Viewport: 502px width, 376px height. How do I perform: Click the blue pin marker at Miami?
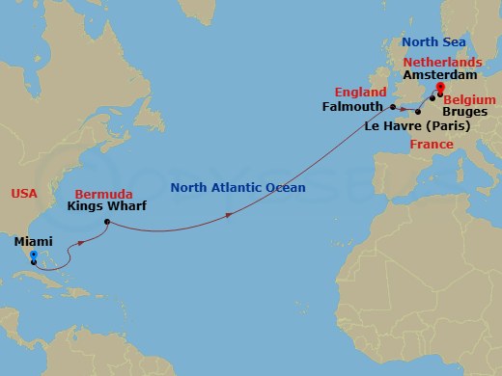(x=33, y=257)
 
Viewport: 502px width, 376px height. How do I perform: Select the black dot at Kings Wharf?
(x=106, y=223)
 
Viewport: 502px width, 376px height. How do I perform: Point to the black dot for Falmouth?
(x=393, y=106)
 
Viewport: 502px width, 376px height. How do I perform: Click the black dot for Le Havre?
(x=418, y=112)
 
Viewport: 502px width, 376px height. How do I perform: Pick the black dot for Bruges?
(x=432, y=97)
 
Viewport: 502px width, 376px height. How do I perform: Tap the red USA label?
(x=24, y=193)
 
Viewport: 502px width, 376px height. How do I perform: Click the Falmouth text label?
(x=352, y=107)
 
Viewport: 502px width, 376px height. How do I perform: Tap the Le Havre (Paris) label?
(x=417, y=126)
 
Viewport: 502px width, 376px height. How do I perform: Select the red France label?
(x=431, y=144)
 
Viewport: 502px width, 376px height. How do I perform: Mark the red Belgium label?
(x=471, y=99)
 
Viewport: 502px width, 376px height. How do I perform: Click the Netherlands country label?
(x=441, y=60)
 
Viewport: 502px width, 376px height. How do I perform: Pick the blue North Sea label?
(x=433, y=42)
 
